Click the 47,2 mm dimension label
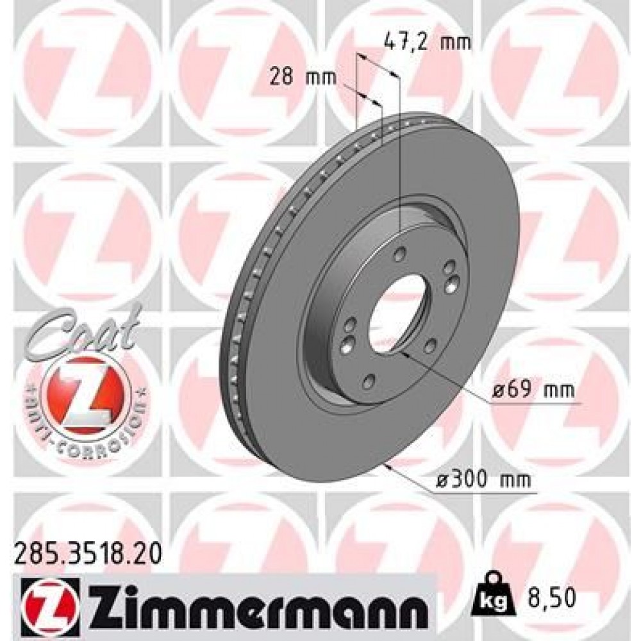pyautogui.click(x=427, y=43)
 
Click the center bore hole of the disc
pyautogui.click(x=390, y=315)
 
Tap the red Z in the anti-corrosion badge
pyautogui.click(x=83, y=394)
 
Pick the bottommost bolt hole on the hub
pyautogui.click(x=368, y=383)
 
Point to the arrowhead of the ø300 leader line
pyautogui.click(x=387, y=466)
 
